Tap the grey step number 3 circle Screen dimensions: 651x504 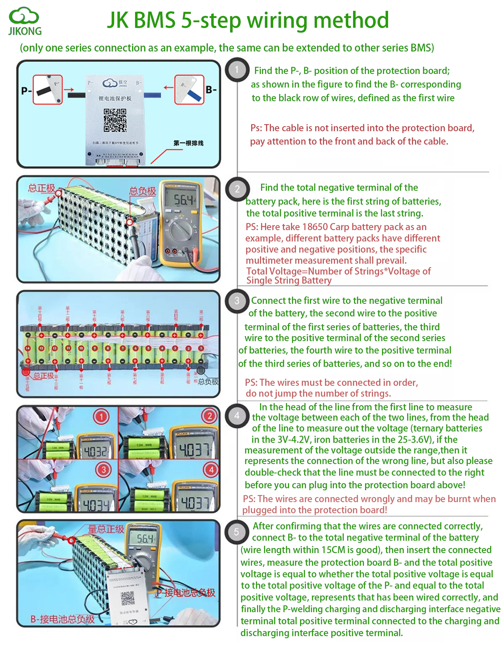click(237, 301)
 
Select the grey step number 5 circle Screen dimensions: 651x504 click(236, 532)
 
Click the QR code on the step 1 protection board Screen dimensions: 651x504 click(115, 120)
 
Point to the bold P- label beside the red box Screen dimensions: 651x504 click(26, 91)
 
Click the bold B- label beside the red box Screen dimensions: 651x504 click(211, 89)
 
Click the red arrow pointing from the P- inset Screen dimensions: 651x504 click(69, 89)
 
